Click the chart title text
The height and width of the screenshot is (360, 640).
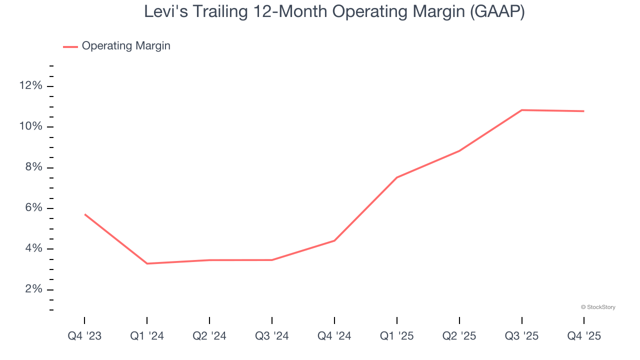click(x=334, y=11)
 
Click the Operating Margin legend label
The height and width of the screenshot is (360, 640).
click(x=126, y=46)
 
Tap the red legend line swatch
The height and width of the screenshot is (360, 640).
click(x=70, y=46)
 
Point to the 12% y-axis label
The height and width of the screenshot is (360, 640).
click(x=30, y=86)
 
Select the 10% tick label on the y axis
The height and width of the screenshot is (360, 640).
click(x=30, y=126)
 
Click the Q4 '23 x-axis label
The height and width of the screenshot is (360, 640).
click(x=84, y=336)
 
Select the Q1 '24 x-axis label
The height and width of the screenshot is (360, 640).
click(x=147, y=336)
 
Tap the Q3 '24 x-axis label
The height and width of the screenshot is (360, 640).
click(x=272, y=336)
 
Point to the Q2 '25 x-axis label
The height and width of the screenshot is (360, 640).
click(x=459, y=336)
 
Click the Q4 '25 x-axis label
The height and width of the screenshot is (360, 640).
click(x=584, y=336)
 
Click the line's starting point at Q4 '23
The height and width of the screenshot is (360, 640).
click(x=85, y=214)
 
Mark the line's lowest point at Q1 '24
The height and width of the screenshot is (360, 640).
click(x=147, y=263)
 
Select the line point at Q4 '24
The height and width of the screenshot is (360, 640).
click(x=334, y=240)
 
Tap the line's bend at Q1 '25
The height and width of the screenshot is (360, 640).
click(x=397, y=177)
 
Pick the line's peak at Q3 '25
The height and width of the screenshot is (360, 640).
click(x=522, y=110)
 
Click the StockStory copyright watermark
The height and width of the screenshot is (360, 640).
click(x=598, y=307)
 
